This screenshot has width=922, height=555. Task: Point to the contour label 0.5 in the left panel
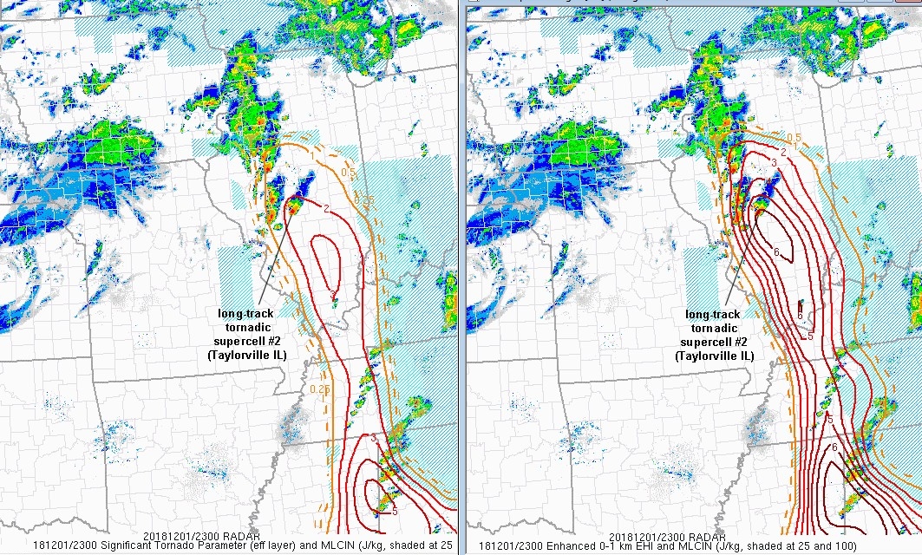[x=350, y=173]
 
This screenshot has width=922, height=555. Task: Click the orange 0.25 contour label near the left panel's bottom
[x=318, y=389]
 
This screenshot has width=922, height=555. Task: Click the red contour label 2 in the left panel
[x=326, y=209]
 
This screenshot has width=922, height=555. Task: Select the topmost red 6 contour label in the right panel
[x=777, y=251]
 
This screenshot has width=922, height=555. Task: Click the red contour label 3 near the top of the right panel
[x=774, y=163]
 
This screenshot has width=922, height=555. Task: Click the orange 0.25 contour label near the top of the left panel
[x=370, y=201]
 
